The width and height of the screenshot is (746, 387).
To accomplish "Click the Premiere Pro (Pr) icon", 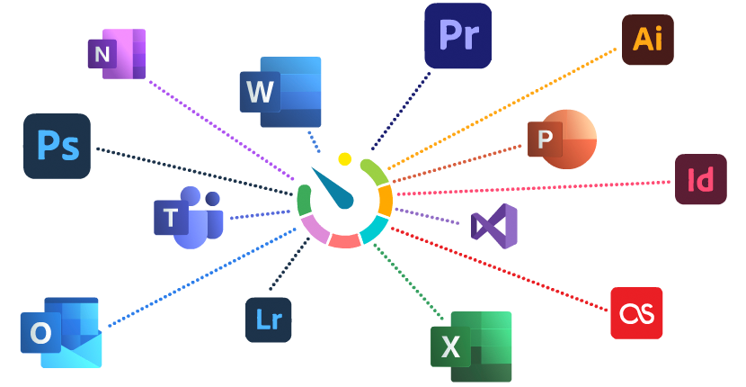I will [x=457, y=36].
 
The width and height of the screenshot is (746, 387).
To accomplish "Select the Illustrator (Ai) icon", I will [x=647, y=40].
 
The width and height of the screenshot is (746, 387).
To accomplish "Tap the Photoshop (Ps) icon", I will [x=57, y=146].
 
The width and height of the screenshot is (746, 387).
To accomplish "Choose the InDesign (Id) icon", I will [x=700, y=180].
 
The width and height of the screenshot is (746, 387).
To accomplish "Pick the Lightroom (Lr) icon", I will [x=269, y=319].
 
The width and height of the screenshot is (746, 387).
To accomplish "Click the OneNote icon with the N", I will [x=116, y=54].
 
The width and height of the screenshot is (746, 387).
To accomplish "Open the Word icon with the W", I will [x=280, y=93].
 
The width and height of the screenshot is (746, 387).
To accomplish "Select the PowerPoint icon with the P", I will [x=561, y=139].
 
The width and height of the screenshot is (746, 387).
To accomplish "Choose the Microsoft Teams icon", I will [x=188, y=217].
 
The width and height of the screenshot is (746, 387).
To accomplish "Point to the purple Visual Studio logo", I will [x=494, y=226].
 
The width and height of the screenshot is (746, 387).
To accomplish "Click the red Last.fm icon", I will [x=636, y=313].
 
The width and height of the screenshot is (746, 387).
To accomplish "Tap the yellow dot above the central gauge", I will [x=344, y=158].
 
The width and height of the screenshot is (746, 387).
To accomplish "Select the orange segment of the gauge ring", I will [x=386, y=200].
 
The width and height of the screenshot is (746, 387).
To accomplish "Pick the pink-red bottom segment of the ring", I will [x=344, y=240].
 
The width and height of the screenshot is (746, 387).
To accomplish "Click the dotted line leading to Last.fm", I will [x=503, y=269].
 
